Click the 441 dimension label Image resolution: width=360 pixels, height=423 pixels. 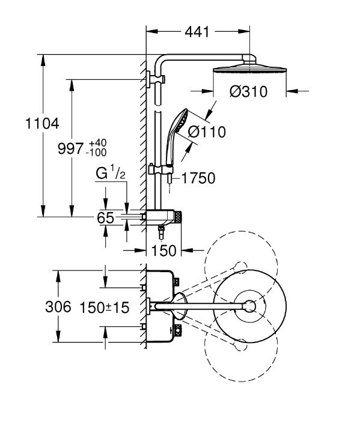197,32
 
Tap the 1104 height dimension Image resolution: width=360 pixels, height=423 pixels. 42,124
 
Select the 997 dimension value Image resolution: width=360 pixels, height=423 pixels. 70,148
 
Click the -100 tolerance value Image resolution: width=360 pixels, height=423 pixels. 96,153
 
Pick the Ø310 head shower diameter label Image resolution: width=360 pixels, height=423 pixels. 249,91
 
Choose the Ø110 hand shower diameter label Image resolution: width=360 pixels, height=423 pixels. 207,132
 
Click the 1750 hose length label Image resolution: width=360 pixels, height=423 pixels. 198,178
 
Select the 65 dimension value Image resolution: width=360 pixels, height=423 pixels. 106,218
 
